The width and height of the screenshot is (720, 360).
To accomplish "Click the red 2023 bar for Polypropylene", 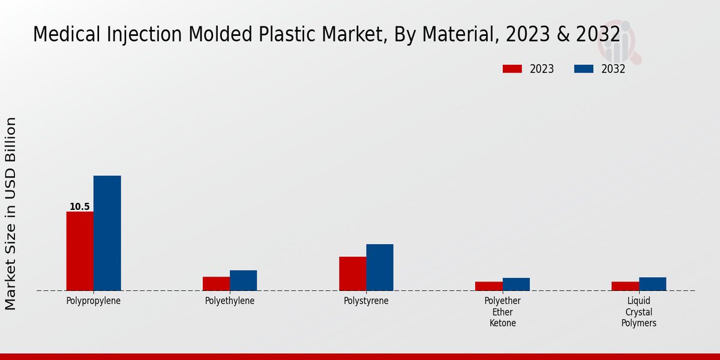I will pyautogui.click(x=80, y=251).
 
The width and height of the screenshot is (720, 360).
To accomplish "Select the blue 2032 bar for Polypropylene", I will pyautogui.click(x=107, y=233).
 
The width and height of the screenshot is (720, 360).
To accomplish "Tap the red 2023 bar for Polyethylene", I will pyautogui.click(x=216, y=284).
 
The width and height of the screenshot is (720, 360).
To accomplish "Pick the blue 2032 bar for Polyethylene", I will pyautogui.click(x=243, y=280).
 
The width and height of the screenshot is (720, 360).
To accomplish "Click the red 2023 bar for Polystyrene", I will pyautogui.click(x=352, y=274).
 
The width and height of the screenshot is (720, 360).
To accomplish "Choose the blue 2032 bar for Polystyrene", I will pyautogui.click(x=380, y=267).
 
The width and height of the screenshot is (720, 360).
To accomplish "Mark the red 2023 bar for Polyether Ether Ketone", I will pyautogui.click(x=488, y=286).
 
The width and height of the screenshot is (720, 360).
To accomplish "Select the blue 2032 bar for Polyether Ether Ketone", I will pyautogui.click(x=516, y=284).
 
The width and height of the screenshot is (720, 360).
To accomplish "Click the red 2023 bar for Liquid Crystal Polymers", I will pyautogui.click(x=625, y=286).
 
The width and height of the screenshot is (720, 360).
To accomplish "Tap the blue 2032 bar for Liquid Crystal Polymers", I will pyautogui.click(x=652, y=284).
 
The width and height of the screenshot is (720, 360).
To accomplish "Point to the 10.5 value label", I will pyautogui.click(x=80, y=207).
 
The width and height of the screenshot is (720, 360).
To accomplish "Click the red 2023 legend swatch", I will pyautogui.click(x=512, y=69).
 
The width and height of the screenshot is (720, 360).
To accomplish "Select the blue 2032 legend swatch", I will pyautogui.click(x=583, y=69).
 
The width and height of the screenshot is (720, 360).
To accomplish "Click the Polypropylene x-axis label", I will pyautogui.click(x=94, y=301).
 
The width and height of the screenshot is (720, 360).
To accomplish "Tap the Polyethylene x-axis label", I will pyautogui.click(x=230, y=301).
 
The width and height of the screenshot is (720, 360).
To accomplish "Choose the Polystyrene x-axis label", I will pyautogui.click(x=366, y=301).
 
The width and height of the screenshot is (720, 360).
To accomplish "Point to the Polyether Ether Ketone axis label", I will pyautogui.click(x=503, y=312).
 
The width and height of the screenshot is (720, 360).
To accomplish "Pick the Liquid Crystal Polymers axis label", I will pyautogui.click(x=639, y=312).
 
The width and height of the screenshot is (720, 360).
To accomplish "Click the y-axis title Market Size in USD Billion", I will pyautogui.click(x=11, y=214).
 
